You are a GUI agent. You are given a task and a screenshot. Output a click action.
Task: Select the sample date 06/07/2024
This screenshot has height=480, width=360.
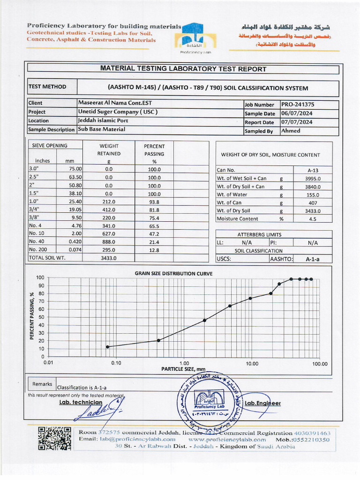pyautogui.click(x=297, y=113)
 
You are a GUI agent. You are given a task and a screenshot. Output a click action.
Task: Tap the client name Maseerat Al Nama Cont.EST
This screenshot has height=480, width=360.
pyautogui.click(x=115, y=103)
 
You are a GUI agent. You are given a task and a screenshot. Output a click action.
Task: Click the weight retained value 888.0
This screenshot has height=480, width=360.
pyautogui.click(x=109, y=241)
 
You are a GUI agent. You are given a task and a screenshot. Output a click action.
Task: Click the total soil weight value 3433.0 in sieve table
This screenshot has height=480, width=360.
pyautogui.click(x=109, y=258)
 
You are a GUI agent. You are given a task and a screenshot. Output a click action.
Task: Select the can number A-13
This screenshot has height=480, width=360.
pyautogui.click(x=313, y=171)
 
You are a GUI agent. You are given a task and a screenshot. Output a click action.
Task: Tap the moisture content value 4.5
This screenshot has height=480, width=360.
pyautogui.click(x=313, y=219)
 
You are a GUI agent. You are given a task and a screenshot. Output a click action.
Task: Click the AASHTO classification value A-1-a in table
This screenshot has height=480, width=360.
pyautogui.click(x=313, y=259)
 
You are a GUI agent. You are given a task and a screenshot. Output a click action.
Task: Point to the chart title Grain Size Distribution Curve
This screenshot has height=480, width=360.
pyautogui.click(x=173, y=273)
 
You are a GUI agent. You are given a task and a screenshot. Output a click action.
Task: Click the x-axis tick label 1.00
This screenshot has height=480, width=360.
pyautogui.click(x=184, y=363)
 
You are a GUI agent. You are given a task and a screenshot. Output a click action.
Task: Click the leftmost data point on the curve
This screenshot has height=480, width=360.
pyautogui.click(x=108, y=347)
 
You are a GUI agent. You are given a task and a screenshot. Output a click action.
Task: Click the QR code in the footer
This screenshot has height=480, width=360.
pyautogui.click(x=54, y=439)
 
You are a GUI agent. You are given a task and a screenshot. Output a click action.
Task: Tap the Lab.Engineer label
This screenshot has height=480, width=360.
pyautogui.click(x=262, y=403)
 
